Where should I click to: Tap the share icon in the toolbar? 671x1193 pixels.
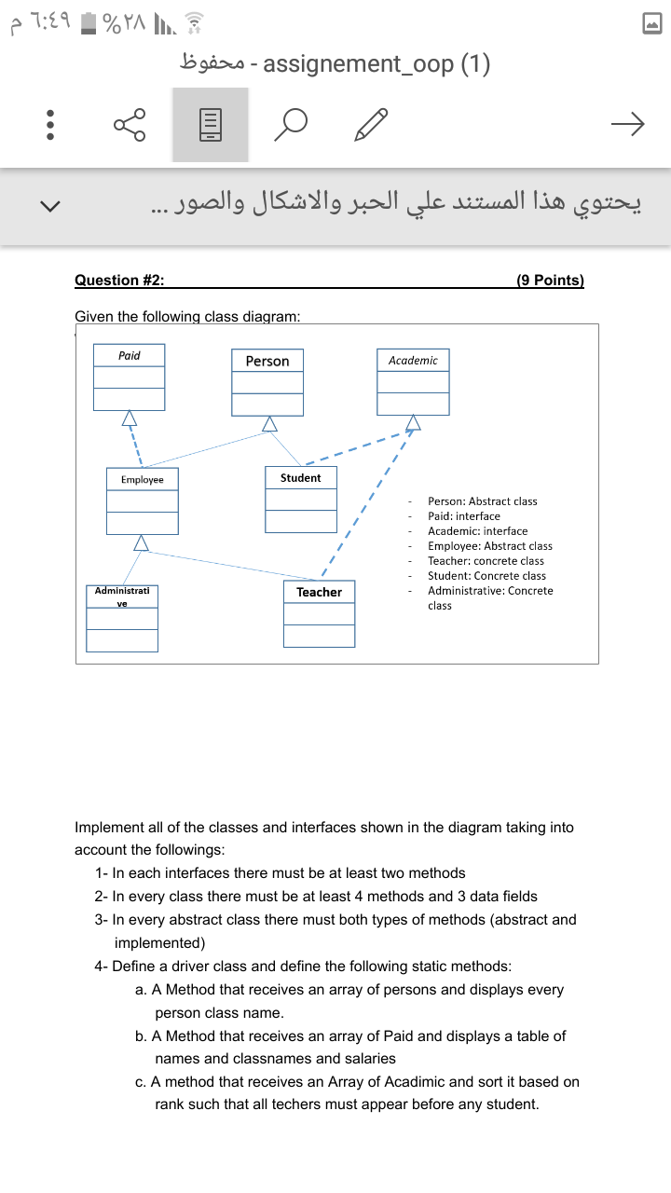130,124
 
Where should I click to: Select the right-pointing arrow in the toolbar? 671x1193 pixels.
627,124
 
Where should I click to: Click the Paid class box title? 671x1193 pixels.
130,355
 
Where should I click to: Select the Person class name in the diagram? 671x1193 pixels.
267,361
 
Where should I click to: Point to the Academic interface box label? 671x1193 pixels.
413,360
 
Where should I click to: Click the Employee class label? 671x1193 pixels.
142,479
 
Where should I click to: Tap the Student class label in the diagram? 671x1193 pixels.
300,477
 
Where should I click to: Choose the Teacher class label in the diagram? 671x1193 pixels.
319,592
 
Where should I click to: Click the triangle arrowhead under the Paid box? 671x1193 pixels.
130,418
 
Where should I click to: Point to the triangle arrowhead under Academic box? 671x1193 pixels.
413,424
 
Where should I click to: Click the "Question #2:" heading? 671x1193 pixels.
119,281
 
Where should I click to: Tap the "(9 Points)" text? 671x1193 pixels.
550,281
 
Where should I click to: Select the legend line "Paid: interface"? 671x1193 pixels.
463,516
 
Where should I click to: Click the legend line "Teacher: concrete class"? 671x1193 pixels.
486,561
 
